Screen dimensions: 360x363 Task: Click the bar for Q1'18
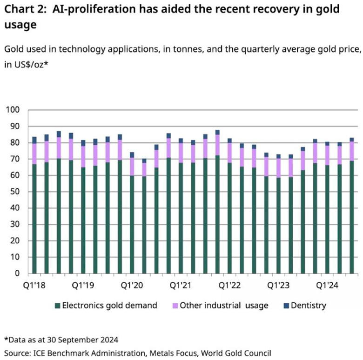click(34, 205)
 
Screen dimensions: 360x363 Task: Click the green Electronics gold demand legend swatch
click(57, 306)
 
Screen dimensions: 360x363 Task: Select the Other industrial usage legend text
click(224, 306)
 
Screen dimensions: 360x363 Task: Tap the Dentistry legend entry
click(308, 306)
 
